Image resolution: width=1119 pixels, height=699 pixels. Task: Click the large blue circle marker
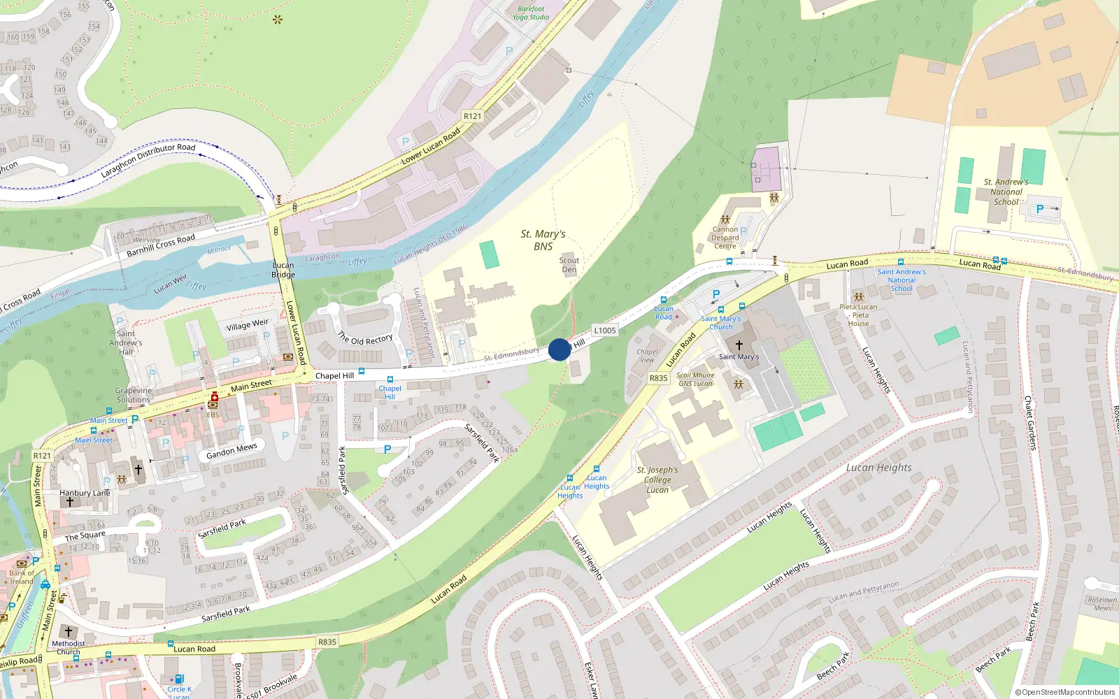coord(559,349)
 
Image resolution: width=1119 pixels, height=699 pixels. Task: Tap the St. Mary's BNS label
coord(543,240)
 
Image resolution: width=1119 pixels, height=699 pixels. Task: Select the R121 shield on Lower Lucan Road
coord(473,116)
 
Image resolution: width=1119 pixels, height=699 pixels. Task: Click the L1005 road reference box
coord(605,331)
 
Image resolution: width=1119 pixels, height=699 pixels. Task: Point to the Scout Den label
coord(569,265)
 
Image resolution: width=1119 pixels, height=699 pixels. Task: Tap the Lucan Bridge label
coord(283,270)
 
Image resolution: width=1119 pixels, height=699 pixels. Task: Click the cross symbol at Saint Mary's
coord(739,345)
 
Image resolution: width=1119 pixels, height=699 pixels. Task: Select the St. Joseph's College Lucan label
coord(657,480)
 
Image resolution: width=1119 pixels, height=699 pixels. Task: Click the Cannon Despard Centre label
coord(725,238)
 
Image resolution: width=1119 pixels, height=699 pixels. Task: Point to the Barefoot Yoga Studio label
coord(531,13)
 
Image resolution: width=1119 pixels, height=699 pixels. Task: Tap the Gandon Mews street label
coord(231,451)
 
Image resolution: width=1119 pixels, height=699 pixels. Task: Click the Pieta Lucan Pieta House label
coord(859,315)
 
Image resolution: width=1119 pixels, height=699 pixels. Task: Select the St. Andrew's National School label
coord(1006,192)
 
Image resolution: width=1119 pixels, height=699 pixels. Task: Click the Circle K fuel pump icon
coord(179,679)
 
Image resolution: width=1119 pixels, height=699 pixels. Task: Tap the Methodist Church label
coord(69,647)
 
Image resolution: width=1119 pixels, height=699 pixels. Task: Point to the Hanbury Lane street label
coord(85,493)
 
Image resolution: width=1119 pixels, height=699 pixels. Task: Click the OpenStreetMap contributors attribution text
coord(1065,692)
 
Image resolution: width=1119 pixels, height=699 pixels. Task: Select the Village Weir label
coord(247,325)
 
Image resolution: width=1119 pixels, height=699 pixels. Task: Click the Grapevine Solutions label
coord(134,395)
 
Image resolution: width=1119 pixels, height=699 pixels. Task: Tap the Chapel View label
coord(648,356)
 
